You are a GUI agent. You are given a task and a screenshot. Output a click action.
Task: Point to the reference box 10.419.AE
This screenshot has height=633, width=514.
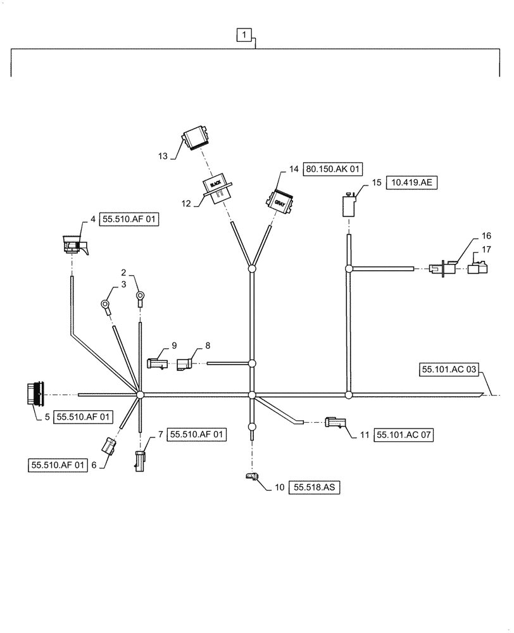tap(411, 183)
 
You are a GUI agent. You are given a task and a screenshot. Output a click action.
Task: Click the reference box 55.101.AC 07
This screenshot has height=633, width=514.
tap(404, 435)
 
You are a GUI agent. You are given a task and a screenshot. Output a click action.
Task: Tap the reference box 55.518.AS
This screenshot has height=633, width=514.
tap(315, 487)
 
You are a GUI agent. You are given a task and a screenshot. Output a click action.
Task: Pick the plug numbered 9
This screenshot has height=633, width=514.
tap(156, 363)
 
